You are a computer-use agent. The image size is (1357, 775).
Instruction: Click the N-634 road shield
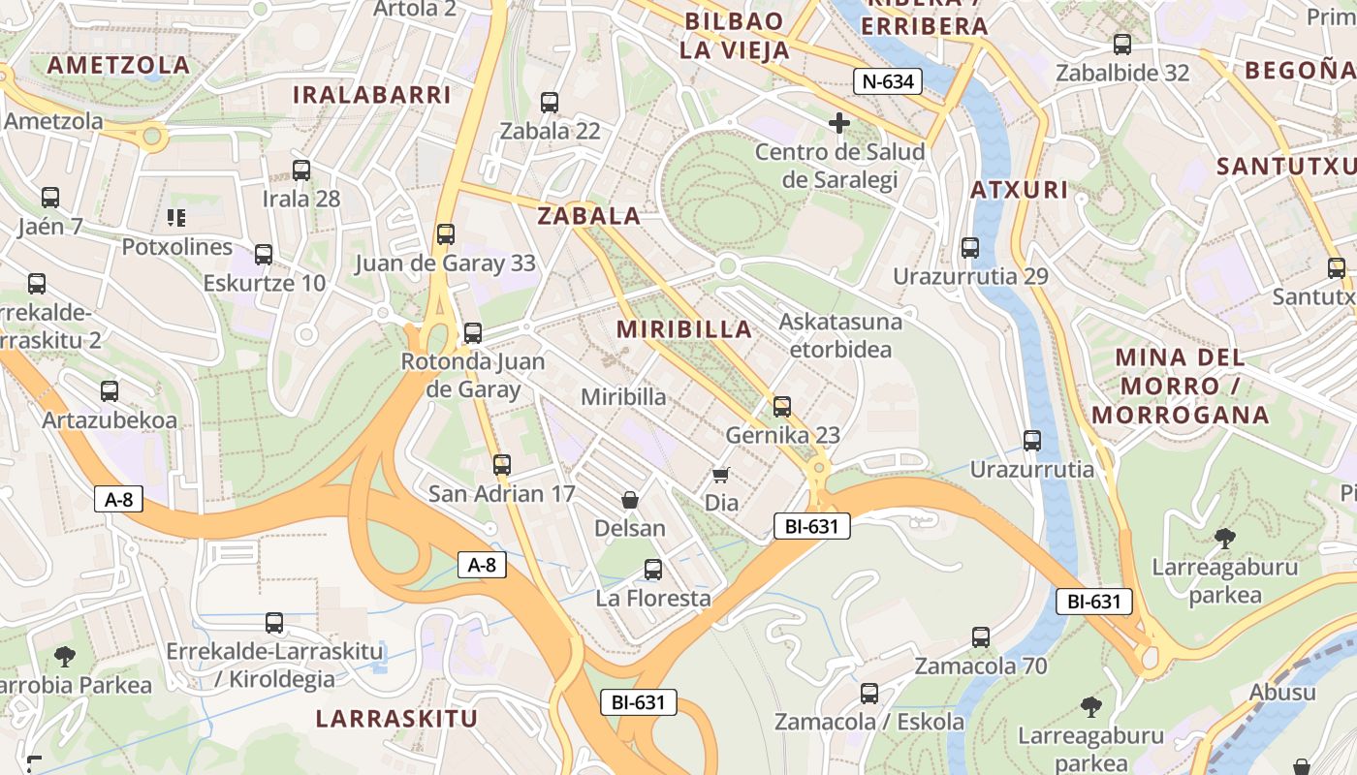[887, 81]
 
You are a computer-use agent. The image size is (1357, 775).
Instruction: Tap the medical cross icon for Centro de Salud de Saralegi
[839, 123]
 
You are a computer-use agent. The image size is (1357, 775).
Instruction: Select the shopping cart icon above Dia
[720, 474]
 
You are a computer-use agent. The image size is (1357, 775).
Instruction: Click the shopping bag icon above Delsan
[630, 500]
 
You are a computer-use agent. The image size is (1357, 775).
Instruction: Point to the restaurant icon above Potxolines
[175, 217]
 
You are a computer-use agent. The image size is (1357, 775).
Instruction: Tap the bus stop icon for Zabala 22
[550, 102]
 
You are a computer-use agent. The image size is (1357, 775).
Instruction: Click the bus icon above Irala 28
[301, 170]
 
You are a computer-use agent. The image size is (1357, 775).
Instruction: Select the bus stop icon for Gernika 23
[782, 406]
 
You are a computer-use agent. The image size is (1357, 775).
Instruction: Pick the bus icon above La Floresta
[653, 570]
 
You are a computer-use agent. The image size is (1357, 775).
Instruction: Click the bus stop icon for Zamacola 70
[981, 637]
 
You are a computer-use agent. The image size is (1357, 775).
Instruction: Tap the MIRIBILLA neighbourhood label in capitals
[684, 329]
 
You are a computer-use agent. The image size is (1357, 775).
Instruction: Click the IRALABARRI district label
[372, 95]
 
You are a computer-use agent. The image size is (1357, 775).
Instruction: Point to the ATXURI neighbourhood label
[1020, 190]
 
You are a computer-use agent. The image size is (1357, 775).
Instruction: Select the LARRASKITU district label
[396, 719]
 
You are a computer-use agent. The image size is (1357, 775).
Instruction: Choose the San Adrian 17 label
[502, 494]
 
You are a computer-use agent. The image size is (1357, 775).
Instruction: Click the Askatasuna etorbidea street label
[840, 335]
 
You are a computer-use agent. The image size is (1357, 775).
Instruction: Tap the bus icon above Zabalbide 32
[1122, 44]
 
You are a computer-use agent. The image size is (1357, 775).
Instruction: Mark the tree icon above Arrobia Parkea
[65, 657]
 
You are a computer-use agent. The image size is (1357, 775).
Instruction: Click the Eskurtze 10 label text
[265, 284]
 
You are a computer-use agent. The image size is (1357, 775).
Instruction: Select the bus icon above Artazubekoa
[110, 391]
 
